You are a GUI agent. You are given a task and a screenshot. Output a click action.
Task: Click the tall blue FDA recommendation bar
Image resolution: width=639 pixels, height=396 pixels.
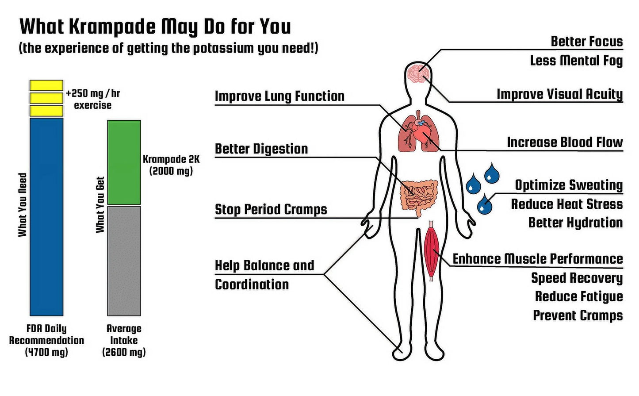[46, 216]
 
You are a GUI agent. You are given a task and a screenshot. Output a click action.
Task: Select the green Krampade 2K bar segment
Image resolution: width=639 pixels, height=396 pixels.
[124, 162]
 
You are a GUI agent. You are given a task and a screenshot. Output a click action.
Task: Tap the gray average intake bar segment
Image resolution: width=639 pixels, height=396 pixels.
[124, 261]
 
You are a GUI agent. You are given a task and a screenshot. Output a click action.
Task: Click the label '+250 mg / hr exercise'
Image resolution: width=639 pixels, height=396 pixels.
[93, 99]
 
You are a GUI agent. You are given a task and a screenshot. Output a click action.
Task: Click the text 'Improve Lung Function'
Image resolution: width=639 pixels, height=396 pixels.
[279, 96]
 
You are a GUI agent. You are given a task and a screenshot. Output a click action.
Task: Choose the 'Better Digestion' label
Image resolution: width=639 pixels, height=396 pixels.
[261, 149]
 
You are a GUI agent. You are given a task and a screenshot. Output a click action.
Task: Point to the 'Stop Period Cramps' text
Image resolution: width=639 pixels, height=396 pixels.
[271, 209]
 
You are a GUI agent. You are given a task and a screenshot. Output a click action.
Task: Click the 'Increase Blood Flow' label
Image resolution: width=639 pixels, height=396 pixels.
[565, 142]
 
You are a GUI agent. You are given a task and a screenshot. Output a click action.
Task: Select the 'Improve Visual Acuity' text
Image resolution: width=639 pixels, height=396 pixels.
[559, 94]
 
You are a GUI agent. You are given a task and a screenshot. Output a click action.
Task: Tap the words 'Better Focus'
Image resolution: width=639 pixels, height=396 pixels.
[586, 41]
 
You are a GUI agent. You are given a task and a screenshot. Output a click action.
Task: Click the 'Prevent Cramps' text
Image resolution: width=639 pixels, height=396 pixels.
[578, 315]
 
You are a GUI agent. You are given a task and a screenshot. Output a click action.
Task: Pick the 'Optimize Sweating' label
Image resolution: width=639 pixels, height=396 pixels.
[569, 185]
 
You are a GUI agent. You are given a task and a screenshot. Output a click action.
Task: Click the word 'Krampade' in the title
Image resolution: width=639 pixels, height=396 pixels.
[113, 27]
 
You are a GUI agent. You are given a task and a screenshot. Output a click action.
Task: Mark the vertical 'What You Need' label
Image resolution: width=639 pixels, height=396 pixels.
[23, 205]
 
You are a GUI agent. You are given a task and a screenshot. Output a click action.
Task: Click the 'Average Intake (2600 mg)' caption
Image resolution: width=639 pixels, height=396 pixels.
[124, 340]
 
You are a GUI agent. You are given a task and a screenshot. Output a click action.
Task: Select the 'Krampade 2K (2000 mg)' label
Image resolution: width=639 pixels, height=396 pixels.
[171, 165]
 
